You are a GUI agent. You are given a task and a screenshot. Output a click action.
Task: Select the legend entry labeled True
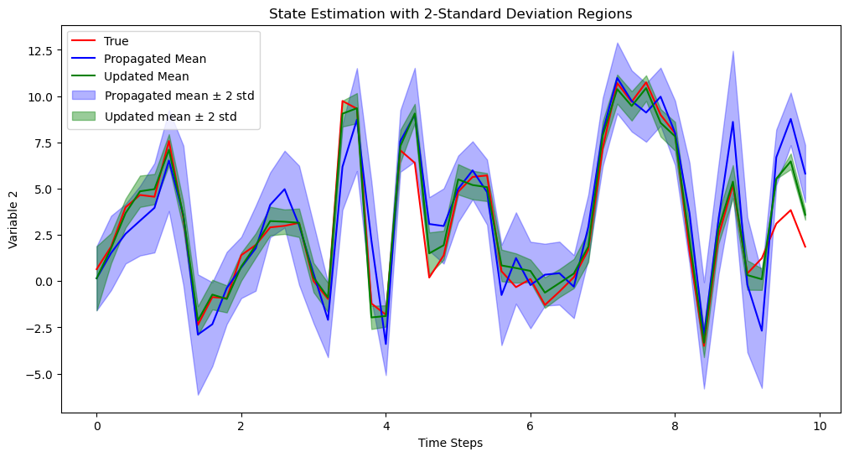[116, 41]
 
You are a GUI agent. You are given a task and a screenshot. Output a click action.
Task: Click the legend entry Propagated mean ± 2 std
[179, 96]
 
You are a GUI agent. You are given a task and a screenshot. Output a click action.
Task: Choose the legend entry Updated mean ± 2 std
[170, 116]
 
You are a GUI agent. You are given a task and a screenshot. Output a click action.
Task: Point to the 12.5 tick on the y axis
[40, 50]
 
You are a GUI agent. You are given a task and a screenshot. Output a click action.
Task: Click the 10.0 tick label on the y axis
[40, 96]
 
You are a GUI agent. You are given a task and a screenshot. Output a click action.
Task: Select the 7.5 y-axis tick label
[44, 143]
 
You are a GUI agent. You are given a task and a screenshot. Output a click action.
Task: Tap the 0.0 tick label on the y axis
[44, 282]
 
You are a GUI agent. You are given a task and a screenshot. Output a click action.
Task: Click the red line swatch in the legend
[85, 41]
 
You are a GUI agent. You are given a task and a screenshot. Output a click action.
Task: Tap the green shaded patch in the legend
[85, 116]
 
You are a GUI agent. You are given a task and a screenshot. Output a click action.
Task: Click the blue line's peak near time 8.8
[733, 122]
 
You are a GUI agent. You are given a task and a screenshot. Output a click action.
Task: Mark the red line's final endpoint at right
[805, 247]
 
